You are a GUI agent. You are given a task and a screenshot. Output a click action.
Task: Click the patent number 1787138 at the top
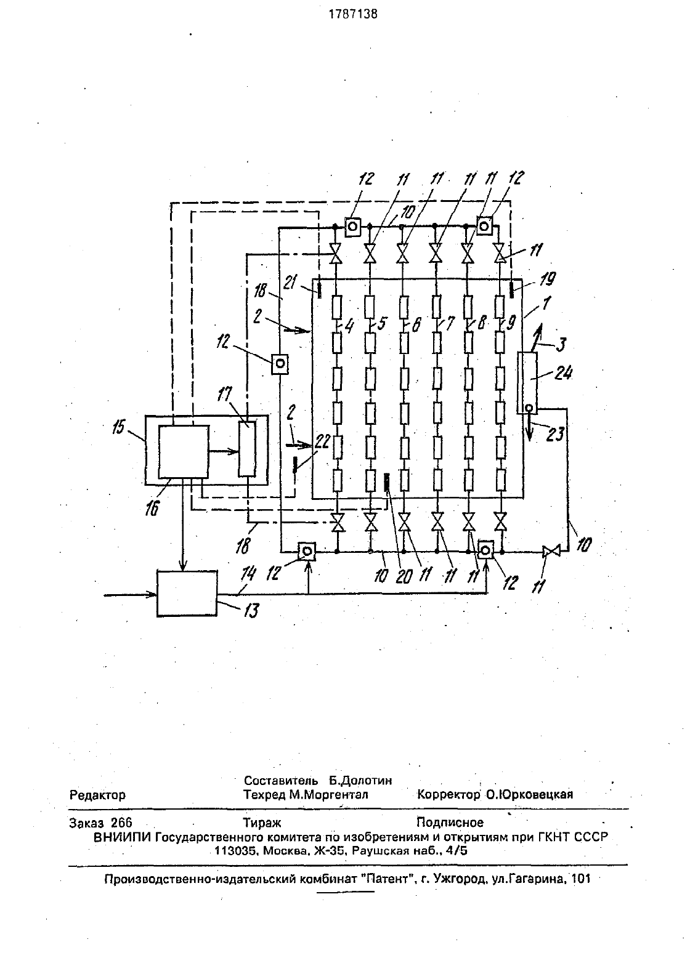point(353,14)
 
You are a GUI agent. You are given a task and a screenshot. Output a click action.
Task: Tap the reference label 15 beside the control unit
point(118,427)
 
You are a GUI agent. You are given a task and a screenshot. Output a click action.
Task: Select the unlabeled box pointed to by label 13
point(187,593)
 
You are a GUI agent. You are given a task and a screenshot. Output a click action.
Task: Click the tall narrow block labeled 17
point(248,449)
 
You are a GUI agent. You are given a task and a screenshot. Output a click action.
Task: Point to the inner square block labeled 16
point(184,452)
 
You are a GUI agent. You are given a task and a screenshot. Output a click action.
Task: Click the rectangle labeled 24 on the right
point(527,382)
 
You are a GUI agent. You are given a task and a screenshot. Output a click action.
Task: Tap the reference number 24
point(563,373)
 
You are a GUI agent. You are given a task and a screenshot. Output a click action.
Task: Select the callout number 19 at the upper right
point(548,279)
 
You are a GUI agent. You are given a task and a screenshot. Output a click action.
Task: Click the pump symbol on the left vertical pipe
point(280,364)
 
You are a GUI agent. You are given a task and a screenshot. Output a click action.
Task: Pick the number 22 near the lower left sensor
point(322,442)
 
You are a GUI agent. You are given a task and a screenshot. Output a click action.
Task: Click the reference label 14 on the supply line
point(248,574)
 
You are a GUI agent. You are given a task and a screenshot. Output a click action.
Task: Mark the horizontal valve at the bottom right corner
point(551,552)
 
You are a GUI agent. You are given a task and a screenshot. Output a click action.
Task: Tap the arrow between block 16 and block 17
point(224,451)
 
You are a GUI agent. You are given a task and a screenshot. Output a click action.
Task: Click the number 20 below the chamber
point(404,576)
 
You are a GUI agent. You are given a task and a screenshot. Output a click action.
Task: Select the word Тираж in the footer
point(262,823)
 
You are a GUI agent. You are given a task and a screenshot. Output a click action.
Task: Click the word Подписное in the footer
point(450,822)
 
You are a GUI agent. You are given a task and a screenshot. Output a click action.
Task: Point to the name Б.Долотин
point(360,780)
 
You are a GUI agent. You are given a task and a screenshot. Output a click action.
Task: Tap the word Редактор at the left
point(97,795)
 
